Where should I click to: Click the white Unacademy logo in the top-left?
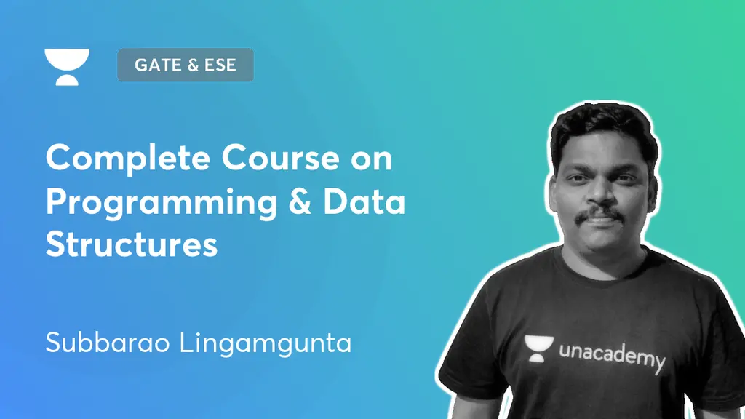click(67, 67)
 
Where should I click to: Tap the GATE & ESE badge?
click(186, 65)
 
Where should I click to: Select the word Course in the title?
click(280, 158)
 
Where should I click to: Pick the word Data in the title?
click(364, 201)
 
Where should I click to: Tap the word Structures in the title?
click(132, 244)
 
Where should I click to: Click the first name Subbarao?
click(108, 342)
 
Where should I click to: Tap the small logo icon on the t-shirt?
click(539, 348)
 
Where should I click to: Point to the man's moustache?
click(599, 214)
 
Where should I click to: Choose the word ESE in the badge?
click(220, 65)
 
